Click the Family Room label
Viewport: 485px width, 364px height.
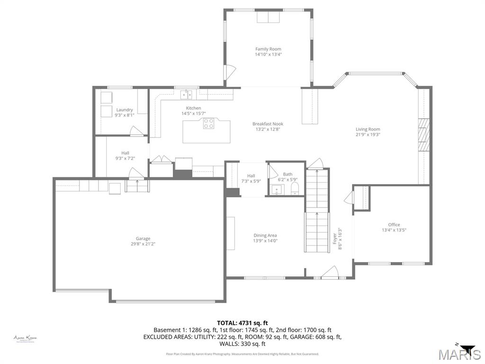[268, 49]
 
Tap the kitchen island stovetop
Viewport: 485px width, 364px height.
[208, 124]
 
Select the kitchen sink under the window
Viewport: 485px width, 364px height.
[186, 94]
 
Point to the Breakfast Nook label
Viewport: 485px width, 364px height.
[268, 124]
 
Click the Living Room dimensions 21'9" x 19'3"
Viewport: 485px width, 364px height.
[368, 135]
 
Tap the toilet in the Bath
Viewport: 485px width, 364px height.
[295, 190]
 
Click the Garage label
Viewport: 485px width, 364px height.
[143, 238]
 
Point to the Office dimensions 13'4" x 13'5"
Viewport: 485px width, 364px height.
[394, 230]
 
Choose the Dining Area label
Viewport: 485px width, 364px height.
[265, 235]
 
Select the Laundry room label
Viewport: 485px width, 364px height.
[125, 110]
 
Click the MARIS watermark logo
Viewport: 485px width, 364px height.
[459, 354]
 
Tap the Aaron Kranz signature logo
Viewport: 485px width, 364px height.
[25, 338]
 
